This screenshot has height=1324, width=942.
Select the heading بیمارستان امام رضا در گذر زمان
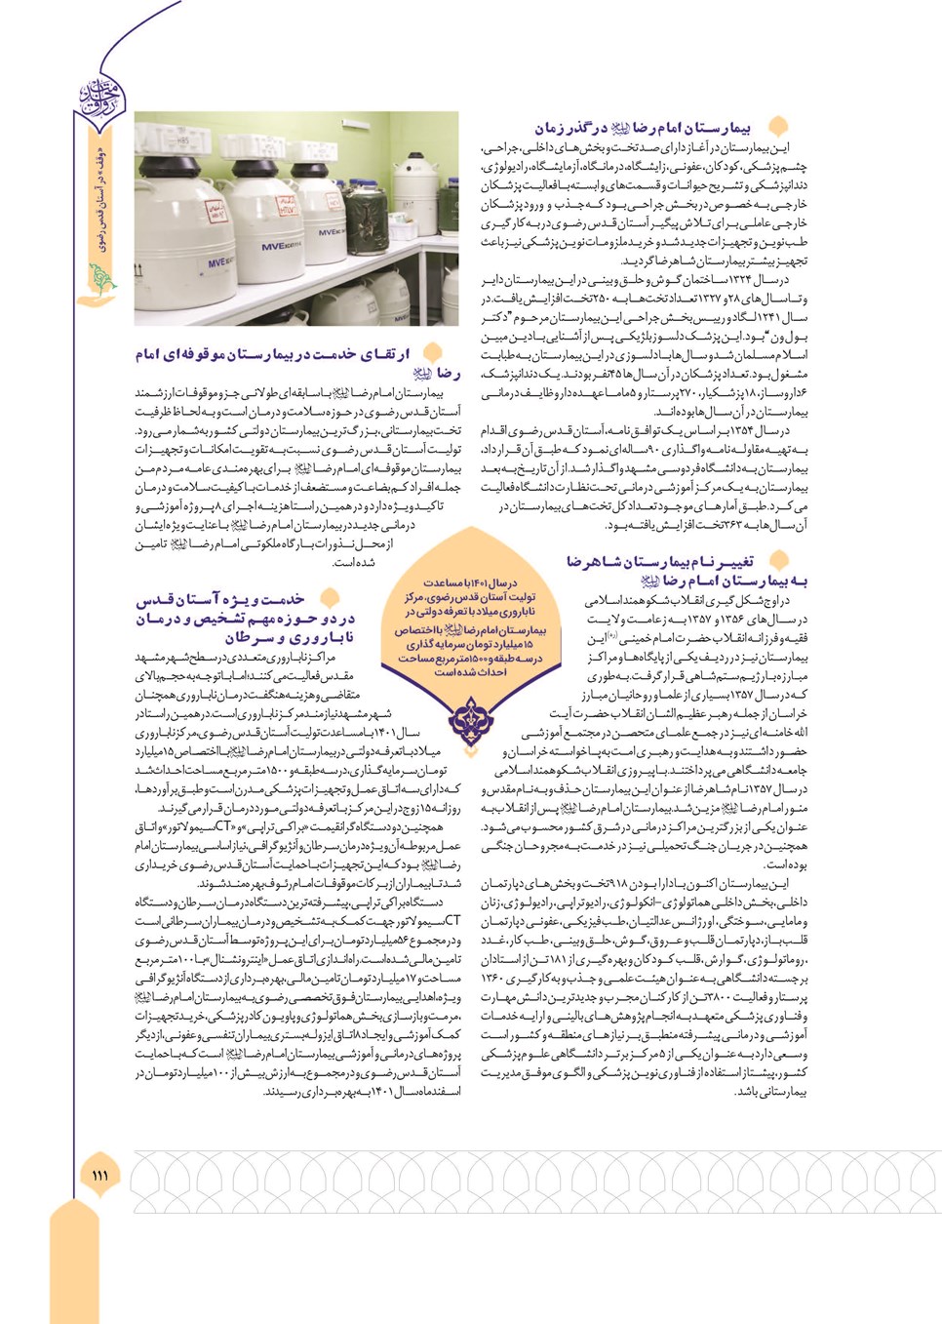[643, 128]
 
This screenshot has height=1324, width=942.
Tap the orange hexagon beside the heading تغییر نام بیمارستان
[778, 560]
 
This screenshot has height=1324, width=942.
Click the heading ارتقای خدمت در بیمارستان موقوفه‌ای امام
[273, 354]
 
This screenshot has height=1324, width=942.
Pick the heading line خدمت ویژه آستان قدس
[220, 599]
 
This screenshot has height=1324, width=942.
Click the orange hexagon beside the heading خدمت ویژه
[330, 598]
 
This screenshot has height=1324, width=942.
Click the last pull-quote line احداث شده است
[470, 672]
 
